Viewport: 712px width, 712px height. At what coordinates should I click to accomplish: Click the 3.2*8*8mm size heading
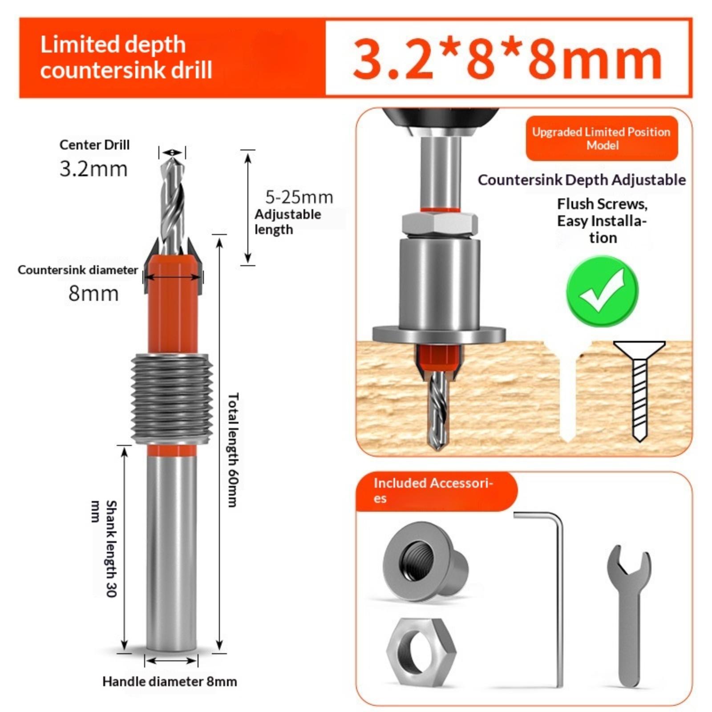click(x=508, y=58)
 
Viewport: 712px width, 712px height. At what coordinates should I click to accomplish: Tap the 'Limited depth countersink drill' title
click(x=126, y=57)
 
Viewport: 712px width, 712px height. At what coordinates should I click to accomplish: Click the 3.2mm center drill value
click(x=93, y=170)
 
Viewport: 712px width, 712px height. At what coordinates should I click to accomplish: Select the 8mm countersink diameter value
click(x=93, y=294)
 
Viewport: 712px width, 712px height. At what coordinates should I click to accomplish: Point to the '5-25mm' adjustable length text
click(x=299, y=197)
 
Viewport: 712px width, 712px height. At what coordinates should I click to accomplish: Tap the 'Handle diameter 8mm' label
click(x=170, y=681)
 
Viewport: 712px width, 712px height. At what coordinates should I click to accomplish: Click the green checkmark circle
click(x=602, y=291)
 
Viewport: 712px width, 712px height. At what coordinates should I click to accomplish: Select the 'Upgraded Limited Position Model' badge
click(x=601, y=138)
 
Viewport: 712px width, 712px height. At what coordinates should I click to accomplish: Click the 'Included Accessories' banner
click(x=436, y=491)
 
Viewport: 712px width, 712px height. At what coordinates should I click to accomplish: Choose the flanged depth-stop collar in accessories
click(x=425, y=562)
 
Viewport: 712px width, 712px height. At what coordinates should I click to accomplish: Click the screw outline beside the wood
click(x=639, y=390)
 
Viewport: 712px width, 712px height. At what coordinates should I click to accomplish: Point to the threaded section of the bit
click(x=172, y=399)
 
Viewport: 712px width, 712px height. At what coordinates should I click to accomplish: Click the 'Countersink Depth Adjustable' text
click(x=582, y=180)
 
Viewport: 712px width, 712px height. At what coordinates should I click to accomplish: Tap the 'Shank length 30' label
click(x=105, y=549)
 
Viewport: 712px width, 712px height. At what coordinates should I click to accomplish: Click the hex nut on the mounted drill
click(x=440, y=223)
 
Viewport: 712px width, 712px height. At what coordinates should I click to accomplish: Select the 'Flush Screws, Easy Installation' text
click(x=603, y=221)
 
